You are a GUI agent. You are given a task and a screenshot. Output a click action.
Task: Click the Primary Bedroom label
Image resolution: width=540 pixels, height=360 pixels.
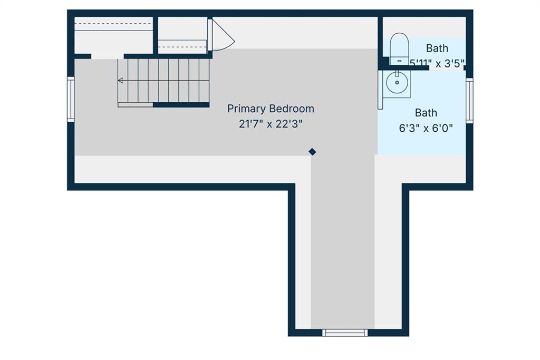(x=271, y=109)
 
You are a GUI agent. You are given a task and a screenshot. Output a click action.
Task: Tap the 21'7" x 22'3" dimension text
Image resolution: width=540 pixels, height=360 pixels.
(x=271, y=124)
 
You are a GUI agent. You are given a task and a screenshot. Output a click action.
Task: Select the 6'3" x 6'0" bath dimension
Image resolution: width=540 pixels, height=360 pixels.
(x=426, y=129)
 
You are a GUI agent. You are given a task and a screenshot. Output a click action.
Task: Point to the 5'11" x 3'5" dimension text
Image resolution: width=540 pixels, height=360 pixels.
(x=437, y=63)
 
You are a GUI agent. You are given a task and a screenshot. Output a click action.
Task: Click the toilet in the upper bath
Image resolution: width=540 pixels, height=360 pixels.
(x=399, y=48)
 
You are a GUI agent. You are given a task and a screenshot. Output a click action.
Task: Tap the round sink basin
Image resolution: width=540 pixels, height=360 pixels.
(x=397, y=83)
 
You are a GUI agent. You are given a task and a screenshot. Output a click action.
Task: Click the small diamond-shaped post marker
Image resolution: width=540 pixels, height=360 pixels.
(x=312, y=152)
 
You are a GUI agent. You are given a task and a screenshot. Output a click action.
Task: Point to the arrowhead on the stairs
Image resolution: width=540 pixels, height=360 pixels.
(x=120, y=81)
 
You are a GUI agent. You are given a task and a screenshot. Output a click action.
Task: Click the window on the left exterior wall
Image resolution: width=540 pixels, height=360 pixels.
(x=71, y=99)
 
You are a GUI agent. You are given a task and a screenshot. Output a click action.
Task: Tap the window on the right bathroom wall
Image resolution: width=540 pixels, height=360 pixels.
(x=469, y=101)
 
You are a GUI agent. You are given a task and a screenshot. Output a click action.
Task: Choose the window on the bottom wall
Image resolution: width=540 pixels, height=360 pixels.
(x=345, y=333)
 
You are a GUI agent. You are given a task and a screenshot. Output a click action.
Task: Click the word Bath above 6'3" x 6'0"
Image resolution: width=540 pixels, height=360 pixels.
(x=426, y=113)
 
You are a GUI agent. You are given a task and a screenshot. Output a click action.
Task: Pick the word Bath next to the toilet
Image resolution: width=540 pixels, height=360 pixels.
(x=437, y=48)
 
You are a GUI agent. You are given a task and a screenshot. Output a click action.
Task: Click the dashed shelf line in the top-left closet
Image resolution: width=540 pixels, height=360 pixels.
(x=113, y=24)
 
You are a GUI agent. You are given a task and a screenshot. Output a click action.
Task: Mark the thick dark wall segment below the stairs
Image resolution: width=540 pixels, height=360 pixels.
(x=181, y=105)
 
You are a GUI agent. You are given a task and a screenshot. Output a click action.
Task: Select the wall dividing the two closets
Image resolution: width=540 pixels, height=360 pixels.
(x=156, y=35)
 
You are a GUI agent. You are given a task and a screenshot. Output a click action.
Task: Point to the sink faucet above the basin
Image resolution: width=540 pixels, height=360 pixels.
(x=397, y=74)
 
